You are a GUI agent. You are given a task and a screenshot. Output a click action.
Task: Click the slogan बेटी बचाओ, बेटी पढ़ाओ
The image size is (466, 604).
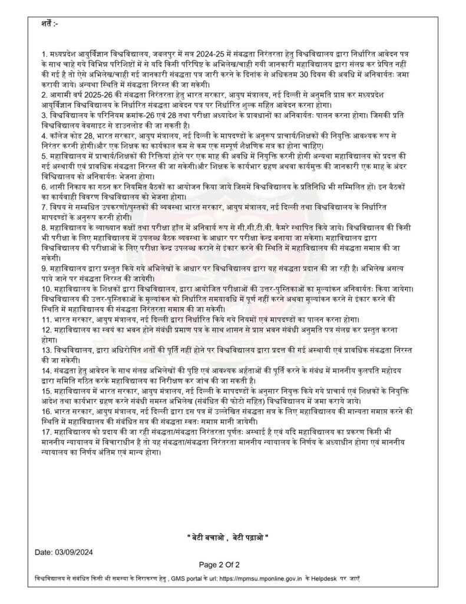tap(227, 537)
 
